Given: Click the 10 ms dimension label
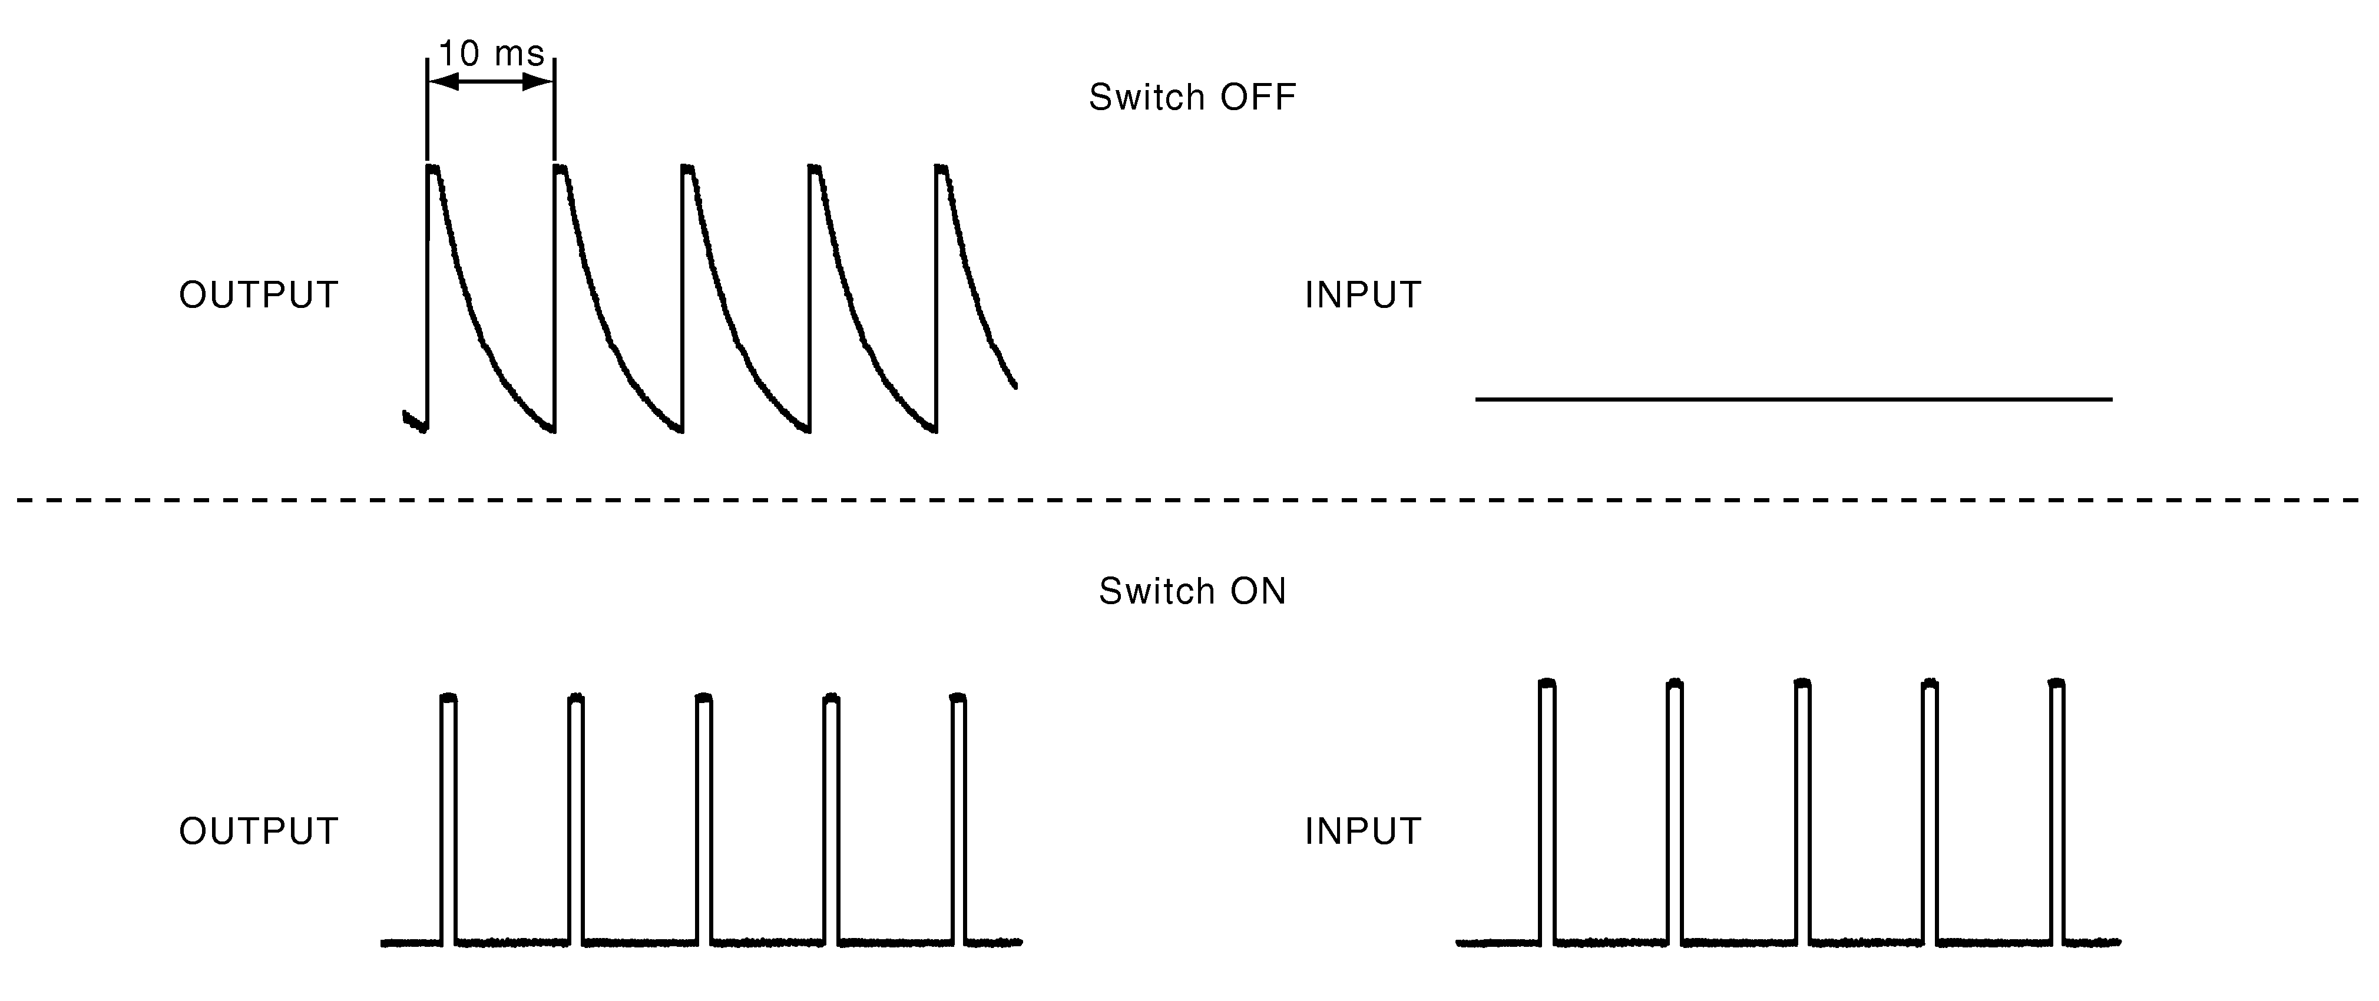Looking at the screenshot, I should pyautogui.click(x=491, y=54).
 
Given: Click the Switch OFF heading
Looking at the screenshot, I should pyautogui.click(x=1192, y=97).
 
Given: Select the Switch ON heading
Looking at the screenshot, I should pyautogui.click(x=1192, y=591).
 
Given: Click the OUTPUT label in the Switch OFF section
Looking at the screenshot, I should pyautogui.click(x=259, y=296).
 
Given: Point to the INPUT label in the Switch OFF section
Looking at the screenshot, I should pyautogui.click(x=1362, y=296).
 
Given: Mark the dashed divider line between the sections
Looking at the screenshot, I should pyautogui.click(x=1190, y=499).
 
